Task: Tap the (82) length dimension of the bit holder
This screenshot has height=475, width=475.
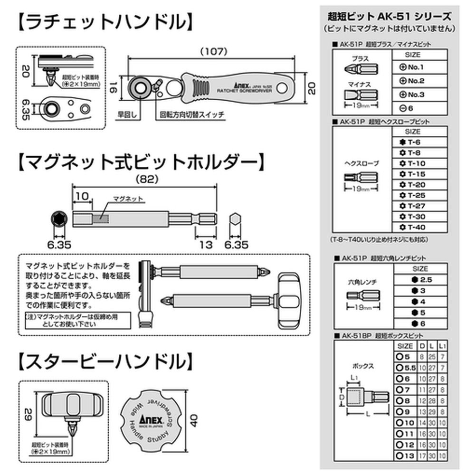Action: coord(143,180)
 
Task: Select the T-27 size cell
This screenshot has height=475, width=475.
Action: coord(419,206)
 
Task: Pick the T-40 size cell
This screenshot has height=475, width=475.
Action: coord(419,227)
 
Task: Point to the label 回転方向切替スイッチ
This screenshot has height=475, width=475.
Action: coord(192,114)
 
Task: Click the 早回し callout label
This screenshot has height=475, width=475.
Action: coord(126,114)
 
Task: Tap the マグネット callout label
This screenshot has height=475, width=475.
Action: coord(128,199)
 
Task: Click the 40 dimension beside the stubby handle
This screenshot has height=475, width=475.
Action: coord(193,420)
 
